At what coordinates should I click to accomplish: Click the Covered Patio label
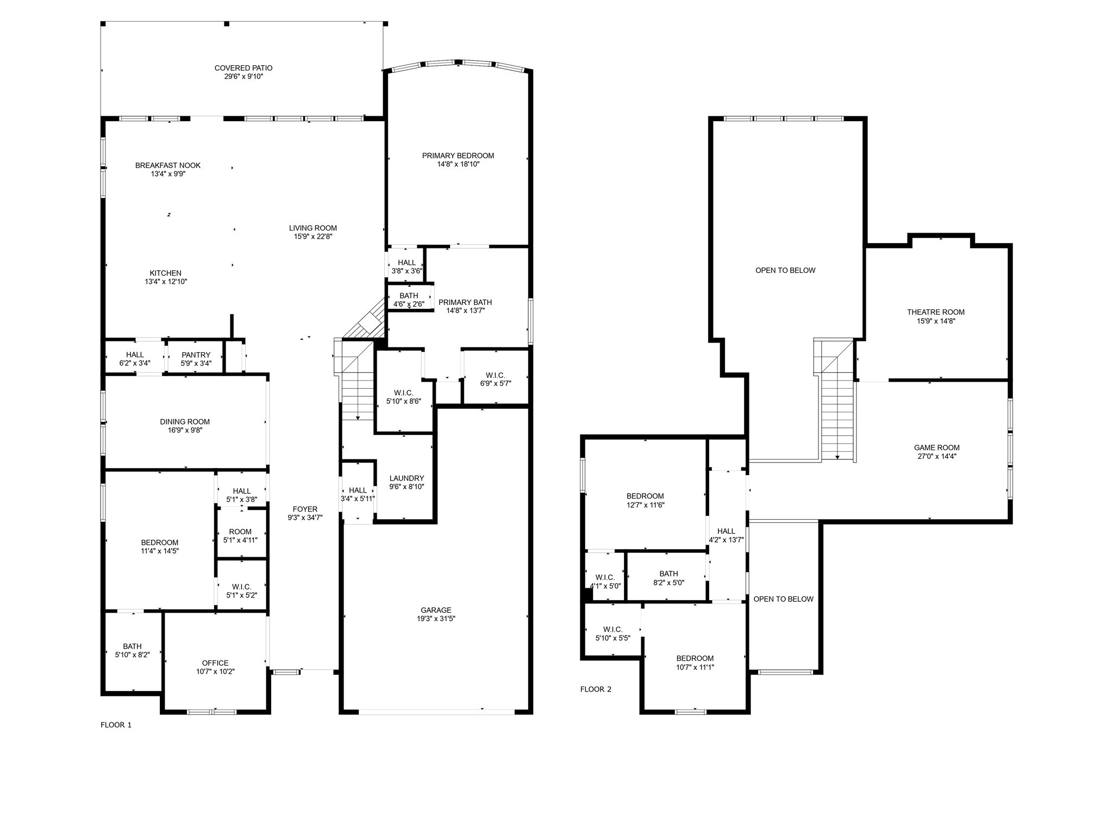(243, 68)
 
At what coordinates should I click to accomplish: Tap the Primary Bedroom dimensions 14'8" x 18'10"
(458, 164)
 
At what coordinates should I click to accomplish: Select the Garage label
(436, 610)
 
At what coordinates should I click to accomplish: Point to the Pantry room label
(196, 355)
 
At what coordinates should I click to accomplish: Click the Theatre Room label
(935, 312)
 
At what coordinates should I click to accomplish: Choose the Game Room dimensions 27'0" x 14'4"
(936, 457)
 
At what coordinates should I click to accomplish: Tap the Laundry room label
(407, 478)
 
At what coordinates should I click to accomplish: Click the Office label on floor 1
(215, 663)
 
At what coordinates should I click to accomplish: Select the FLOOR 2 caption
(596, 689)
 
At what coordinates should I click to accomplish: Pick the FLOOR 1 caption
(116, 725)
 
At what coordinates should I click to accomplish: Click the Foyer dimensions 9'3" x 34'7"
(305, 518)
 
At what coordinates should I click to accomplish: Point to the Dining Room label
(185, 421)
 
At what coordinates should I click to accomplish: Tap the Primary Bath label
(465, 302)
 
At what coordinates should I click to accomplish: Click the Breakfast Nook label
(168, 165)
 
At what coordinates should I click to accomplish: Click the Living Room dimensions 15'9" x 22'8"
(312, 236)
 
